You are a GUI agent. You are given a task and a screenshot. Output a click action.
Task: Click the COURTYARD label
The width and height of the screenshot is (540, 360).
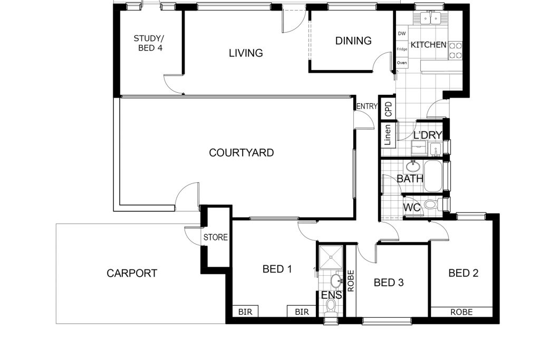point(242,152)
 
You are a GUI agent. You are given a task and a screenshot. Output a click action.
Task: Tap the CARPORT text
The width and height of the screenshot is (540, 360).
point(132,273)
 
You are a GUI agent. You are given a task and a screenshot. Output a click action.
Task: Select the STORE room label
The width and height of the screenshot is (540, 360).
point(216,237)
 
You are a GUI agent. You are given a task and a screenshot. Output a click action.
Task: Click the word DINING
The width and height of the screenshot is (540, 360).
point(353,41)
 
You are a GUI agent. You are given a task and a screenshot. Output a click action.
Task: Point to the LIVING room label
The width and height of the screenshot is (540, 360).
point(246,53)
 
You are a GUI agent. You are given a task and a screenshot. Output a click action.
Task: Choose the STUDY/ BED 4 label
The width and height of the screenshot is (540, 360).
point(148,43)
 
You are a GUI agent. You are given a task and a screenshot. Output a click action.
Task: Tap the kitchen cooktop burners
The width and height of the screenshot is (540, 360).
point(455,50)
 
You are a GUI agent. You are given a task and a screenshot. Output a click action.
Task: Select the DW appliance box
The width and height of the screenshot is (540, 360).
point(402,33)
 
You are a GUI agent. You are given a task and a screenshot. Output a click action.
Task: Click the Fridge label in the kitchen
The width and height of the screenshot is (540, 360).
point(402,49)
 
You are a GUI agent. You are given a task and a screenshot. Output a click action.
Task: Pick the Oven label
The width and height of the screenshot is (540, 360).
point(402,63)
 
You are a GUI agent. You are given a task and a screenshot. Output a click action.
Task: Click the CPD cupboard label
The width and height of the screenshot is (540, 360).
point(389,109)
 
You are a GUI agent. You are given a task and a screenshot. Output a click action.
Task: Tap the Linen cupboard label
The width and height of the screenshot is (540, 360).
point(388,135)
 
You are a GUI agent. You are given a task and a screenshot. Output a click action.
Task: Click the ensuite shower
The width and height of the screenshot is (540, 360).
point(331,257)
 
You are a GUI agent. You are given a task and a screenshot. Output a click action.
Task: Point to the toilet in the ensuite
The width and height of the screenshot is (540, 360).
point(331,306)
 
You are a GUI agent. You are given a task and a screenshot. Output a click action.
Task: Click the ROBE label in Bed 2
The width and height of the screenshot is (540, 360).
point(462,312)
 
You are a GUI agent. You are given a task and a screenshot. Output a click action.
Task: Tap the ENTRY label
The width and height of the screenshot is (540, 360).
point(367,106)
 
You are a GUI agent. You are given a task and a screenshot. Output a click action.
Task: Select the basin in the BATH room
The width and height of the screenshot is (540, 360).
point(412,167)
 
